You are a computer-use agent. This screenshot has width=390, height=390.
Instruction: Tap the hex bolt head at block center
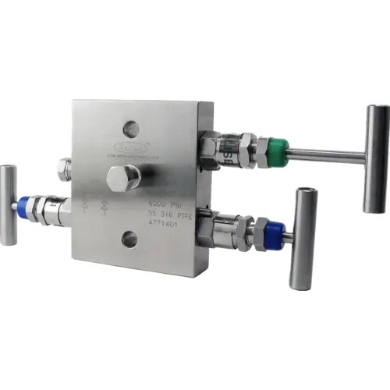point(122,178)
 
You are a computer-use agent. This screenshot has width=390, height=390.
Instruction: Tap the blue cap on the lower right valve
point(274,233)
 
